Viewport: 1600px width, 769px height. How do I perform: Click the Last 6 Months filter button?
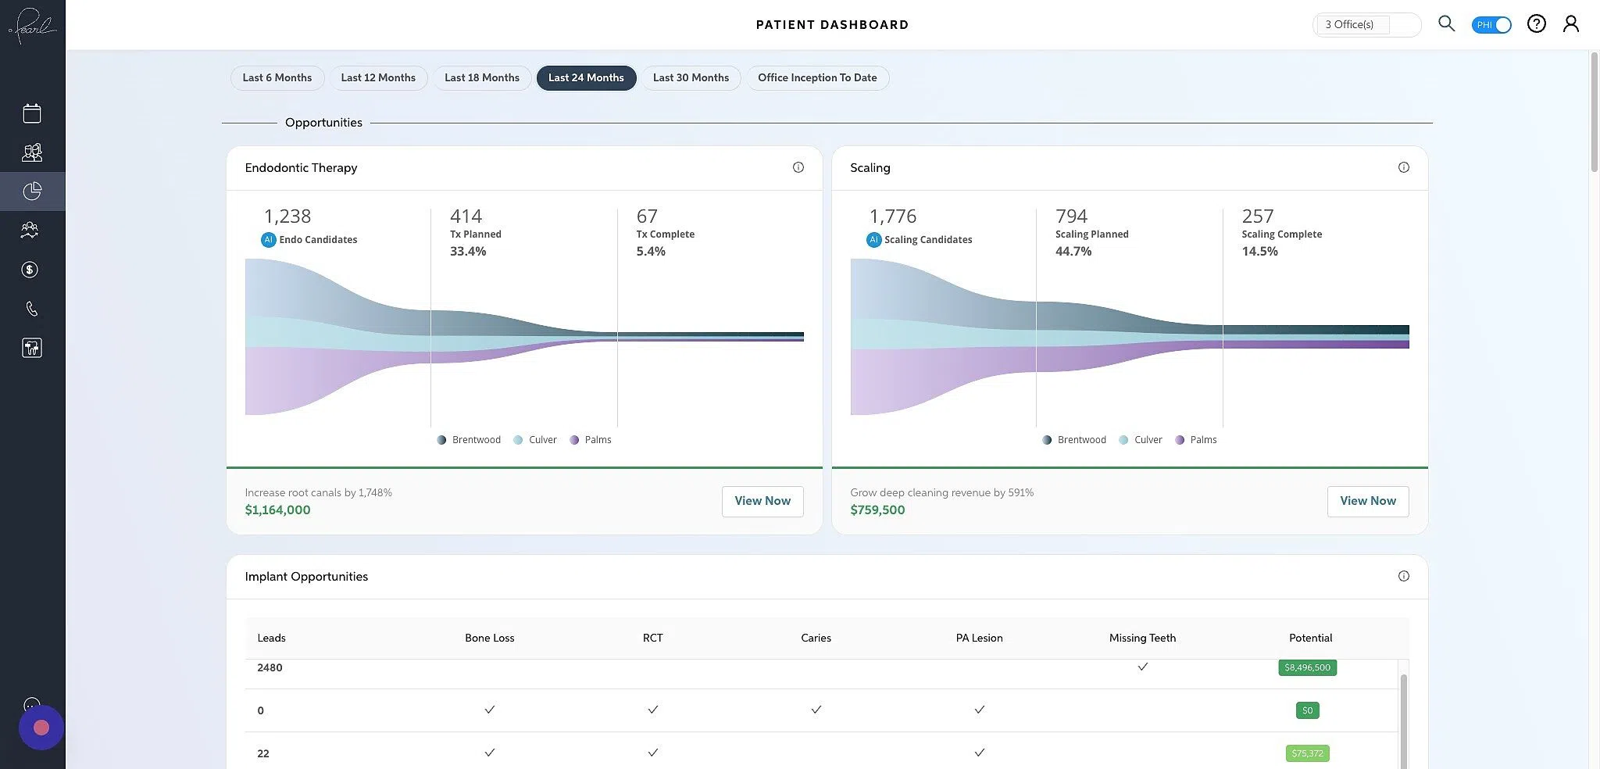[x=277, y=77]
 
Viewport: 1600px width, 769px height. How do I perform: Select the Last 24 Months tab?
[x=586, y=77]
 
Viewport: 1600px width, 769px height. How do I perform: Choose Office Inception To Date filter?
[x=817, y=77]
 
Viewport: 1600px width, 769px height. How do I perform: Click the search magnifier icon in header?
[x=1446, y=23]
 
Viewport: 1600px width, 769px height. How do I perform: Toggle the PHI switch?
[x=1491, y=24]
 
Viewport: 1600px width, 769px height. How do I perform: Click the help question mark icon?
[x=1536, y=23]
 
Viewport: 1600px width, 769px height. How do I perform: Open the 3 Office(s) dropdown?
[x=1366, y=24]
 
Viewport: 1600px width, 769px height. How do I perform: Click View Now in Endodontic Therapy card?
[x=762, y=501]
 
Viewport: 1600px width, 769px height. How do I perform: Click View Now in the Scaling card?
[x=1367, y=501]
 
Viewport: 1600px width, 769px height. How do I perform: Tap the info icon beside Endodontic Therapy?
[x=798, y=167]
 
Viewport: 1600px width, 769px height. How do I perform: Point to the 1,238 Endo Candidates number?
[x=287, y=216]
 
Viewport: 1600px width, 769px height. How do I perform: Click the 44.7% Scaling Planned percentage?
[x=1073, y=251]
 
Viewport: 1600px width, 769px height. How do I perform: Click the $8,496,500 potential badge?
[x=1307, y=667]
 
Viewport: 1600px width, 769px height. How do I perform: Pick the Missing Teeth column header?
[x=1142, y=638]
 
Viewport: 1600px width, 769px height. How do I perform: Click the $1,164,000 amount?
[x=277, y=510]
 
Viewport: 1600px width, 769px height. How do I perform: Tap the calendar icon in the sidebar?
[x=32, y=113]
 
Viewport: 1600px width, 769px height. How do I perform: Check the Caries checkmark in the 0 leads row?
[x=816, y=710]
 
